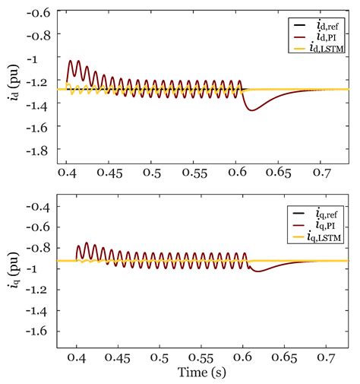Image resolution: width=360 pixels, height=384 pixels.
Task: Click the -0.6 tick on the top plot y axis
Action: (39, 14)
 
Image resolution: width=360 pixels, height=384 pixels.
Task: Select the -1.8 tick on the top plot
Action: (39, 151)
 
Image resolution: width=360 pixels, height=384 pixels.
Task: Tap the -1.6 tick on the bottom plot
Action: (39, 332)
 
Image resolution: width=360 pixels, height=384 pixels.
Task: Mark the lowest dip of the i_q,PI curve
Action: (257, 271)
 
